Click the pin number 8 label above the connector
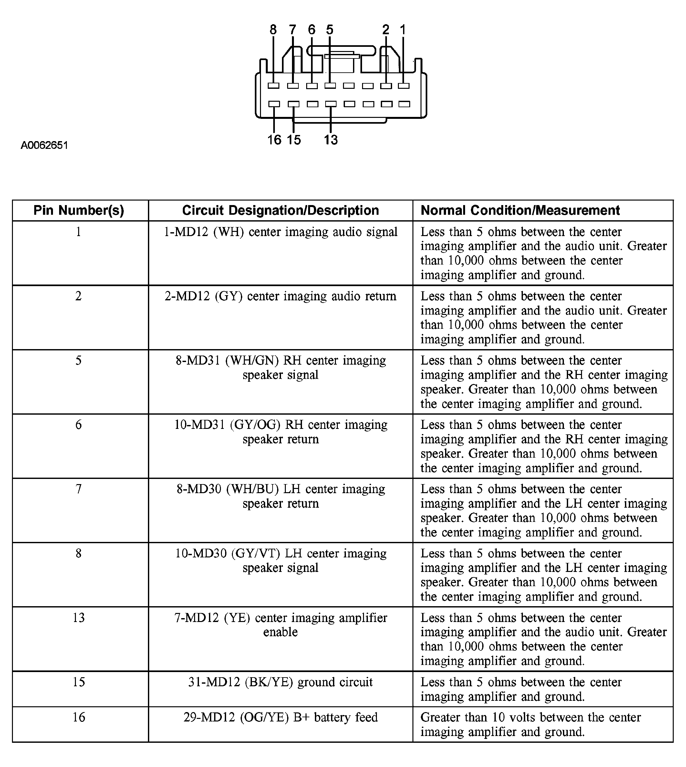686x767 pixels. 273,30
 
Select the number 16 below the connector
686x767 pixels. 274,140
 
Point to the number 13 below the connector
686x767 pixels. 330,140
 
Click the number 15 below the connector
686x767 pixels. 294,140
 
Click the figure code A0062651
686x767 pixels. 45,145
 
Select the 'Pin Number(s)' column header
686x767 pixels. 79,210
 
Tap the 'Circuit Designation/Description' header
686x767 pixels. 280,210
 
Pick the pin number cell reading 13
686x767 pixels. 79,618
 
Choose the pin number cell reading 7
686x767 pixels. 79,489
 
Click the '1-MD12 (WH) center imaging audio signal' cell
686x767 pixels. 280,232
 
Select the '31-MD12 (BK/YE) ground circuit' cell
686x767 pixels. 280,682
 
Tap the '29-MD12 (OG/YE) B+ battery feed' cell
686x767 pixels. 280,717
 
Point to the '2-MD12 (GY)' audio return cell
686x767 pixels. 280,296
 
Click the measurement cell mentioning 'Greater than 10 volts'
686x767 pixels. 530,724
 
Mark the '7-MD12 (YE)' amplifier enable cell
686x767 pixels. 280,625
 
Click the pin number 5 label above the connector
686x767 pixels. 330,30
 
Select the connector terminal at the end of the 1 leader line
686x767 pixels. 404,86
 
